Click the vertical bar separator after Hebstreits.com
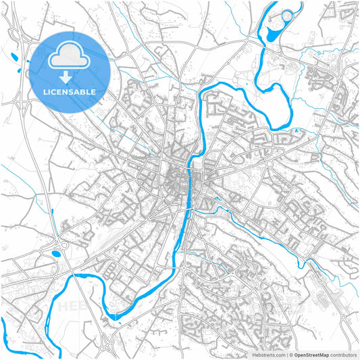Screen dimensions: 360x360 click(x=286, y=354)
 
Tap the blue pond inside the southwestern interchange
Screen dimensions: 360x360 click(x=55, y=255)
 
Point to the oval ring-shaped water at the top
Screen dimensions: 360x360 click(x=288, y=16)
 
